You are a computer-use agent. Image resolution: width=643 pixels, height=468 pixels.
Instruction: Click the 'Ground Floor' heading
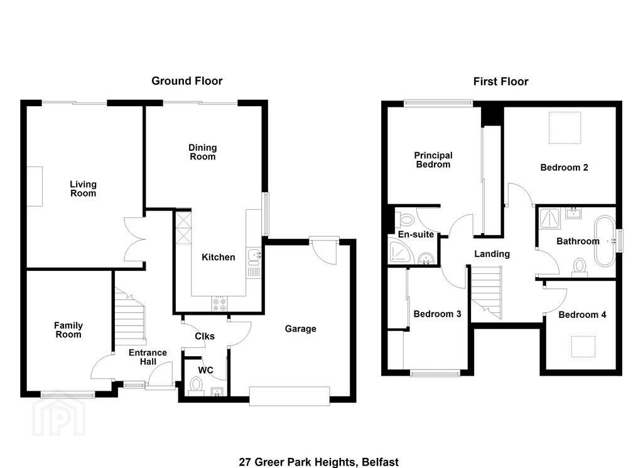[187, 81]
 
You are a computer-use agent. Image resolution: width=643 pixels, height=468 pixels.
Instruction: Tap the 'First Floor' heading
[500, 81]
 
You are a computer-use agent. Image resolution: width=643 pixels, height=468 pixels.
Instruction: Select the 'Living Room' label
[84, 188]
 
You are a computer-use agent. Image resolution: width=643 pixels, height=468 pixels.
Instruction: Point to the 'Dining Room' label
[203, 152]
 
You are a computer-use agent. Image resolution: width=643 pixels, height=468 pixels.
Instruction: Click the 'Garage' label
[301, 329]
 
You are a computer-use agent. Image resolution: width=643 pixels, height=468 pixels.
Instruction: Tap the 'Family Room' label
[68, 330]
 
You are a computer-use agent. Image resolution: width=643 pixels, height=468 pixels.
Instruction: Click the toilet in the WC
[197, 386]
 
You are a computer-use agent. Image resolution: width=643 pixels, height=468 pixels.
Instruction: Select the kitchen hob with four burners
[219, 303]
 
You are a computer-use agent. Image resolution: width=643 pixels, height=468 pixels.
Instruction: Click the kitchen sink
[254, 255]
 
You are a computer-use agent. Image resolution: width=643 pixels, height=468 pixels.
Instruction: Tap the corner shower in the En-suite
[400, 252]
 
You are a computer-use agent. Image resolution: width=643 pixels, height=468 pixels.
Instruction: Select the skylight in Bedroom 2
[565, 128]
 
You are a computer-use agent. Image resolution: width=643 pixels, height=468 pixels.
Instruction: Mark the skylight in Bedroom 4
[583, 347]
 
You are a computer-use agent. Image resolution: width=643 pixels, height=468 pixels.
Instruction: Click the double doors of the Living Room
[134, 239]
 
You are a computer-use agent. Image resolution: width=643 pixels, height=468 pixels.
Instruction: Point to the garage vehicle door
[289, 396]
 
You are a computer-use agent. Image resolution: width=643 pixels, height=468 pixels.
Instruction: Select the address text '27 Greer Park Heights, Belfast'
[319, 462]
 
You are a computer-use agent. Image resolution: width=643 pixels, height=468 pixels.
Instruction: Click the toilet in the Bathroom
[580, 267]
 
